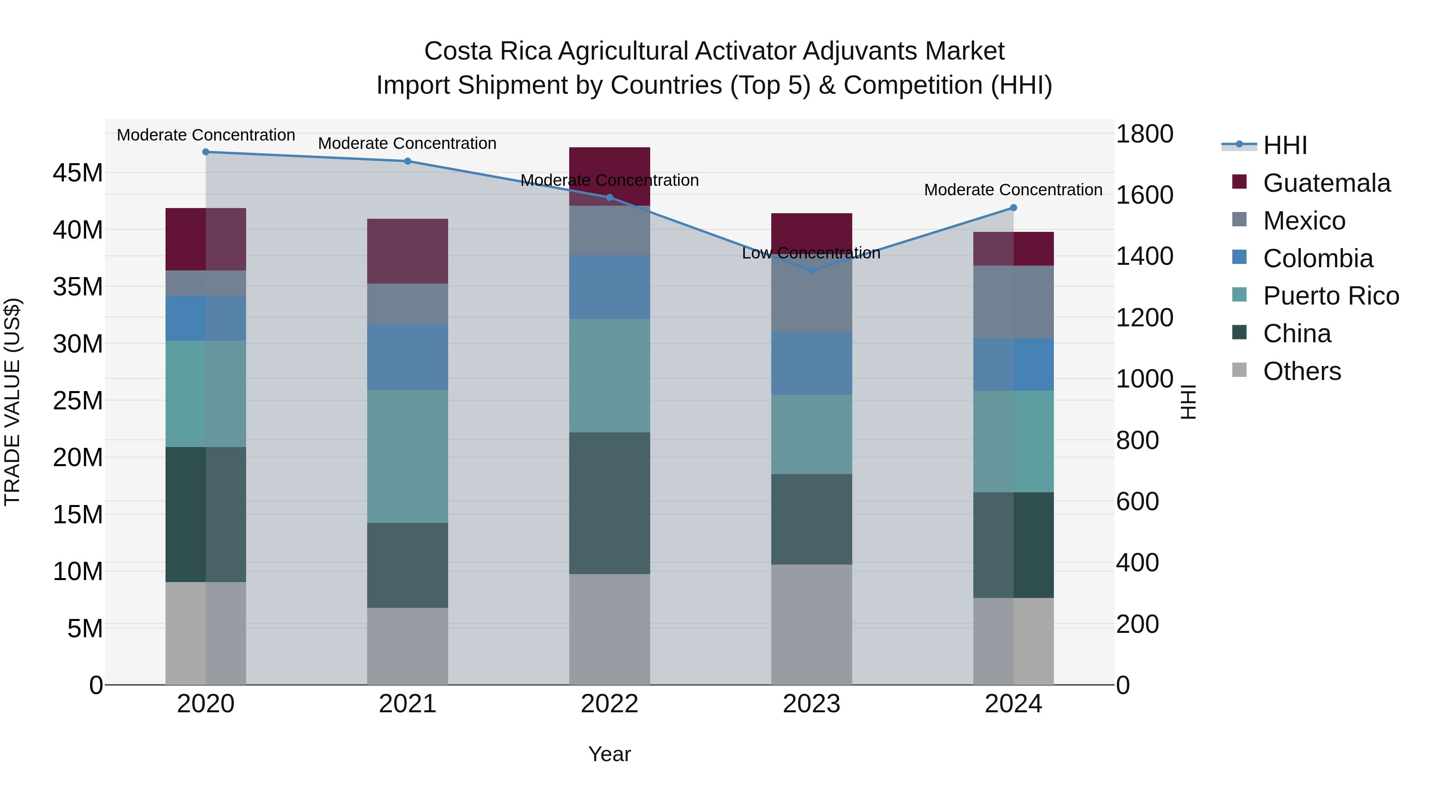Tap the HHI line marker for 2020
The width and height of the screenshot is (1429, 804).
point(206,152)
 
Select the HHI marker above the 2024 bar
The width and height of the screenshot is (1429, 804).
point(1013,208)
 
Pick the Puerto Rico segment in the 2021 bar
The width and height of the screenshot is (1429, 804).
point(407,456)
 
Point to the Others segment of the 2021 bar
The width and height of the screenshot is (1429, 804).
point(407,646)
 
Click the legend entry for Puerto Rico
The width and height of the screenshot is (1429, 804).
point(1331,296)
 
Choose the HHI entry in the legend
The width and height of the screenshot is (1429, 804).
point(1285,145)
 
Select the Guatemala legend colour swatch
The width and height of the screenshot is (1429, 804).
point(1239,182)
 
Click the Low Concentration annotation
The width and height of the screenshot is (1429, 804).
point(811,253)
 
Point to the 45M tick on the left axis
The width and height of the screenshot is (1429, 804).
point(78,173)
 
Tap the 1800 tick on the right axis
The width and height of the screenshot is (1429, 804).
point(1144,134)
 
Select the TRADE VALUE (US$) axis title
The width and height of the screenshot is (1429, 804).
point(12,402)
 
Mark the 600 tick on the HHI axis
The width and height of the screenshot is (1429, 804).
point(1137,501)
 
